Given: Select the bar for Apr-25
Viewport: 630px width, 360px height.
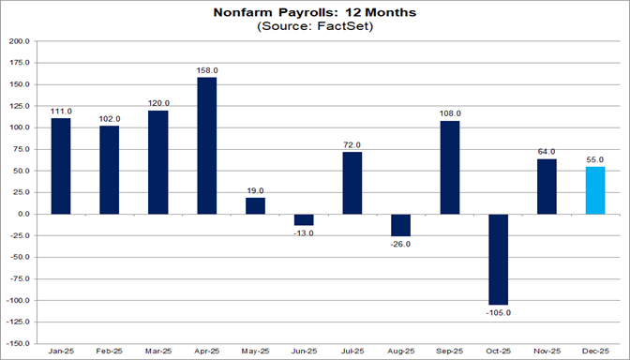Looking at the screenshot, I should pos(207,145).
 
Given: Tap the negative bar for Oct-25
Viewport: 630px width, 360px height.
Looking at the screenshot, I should pos(499,259).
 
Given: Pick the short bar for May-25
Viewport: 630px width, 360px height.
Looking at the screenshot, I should pos(256,205).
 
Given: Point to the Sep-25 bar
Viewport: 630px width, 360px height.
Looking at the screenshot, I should pos(450,167).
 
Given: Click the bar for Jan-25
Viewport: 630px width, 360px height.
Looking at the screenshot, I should pos(61,166).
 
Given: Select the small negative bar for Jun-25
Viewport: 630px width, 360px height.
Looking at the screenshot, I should pos(305,219).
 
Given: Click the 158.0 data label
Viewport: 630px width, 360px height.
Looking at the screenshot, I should pos(207,69).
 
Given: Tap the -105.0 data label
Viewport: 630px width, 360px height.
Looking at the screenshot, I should pos(499,312).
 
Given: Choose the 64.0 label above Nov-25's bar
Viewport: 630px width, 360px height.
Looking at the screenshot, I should pos(547,151).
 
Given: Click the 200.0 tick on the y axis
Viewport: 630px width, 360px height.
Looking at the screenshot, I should pos(19,41).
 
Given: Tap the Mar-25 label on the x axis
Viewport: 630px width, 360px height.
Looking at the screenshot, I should pos(158,352).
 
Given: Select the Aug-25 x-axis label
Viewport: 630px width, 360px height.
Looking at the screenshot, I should pos(401,352).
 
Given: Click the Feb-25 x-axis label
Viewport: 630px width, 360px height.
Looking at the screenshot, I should pos(110,352).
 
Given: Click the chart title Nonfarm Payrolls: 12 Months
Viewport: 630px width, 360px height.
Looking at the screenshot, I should pos(315,12).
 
